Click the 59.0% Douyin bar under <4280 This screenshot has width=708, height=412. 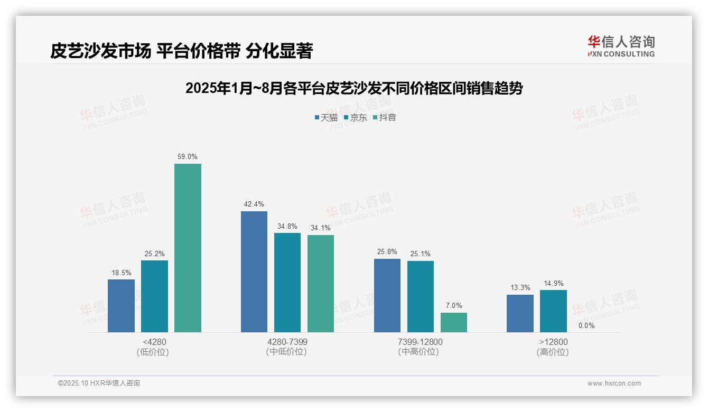188,248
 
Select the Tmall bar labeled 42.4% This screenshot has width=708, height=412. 254,271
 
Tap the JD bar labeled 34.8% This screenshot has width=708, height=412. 287,283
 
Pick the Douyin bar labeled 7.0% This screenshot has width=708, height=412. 454,322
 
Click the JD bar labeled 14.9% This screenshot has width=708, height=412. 553,311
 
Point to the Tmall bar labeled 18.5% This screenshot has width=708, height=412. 121,306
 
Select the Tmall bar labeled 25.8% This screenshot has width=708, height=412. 387,295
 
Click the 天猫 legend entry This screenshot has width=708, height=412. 326,117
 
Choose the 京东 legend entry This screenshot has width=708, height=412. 356,117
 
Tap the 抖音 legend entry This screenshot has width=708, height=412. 385,117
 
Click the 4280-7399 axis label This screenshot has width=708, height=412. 287,342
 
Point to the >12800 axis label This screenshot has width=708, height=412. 553,342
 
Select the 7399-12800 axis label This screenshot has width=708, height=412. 421,342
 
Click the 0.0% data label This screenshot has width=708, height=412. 586,325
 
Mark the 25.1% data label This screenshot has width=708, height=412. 420,254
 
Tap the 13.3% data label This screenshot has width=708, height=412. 520,288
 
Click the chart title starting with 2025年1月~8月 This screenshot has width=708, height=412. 353,88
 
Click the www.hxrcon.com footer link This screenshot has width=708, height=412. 614,383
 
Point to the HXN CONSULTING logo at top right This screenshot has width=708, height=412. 621,46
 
